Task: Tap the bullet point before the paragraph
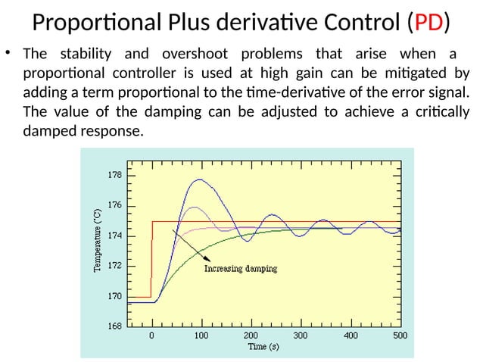(9, 54)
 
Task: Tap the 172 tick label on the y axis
(111, 267)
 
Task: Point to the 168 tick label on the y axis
(111, 327)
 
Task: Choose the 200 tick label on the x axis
(251, 335)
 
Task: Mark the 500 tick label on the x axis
(400, 335)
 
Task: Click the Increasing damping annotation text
(241, 268)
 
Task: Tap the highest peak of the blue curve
(199, 180)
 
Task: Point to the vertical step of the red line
(152, 257)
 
